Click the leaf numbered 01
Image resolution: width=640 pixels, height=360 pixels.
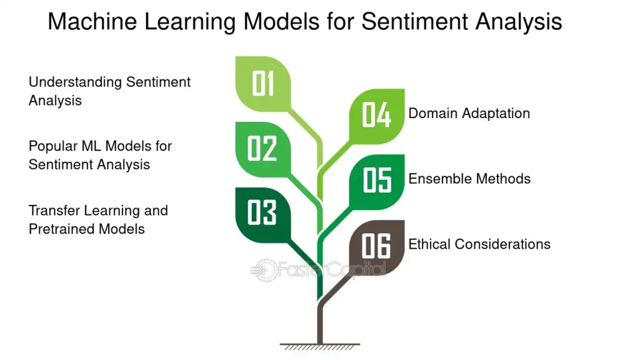263,84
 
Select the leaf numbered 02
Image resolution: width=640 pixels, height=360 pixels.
263,149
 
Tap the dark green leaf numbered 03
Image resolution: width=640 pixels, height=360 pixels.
263,215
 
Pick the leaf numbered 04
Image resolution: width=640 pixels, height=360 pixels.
377,116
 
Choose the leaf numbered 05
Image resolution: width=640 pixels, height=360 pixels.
377,182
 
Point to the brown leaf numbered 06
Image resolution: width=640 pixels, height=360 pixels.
377,247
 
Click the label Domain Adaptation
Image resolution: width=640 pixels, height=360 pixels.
469,114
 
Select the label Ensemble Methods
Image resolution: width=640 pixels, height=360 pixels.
469,179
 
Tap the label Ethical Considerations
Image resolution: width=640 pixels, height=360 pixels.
479,244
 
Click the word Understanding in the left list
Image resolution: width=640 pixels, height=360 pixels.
75,82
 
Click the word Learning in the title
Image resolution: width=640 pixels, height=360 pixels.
190,22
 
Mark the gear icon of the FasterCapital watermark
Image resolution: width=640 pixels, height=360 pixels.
263,270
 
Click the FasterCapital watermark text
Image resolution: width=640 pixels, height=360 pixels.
331,269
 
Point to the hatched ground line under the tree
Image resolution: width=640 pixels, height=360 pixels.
320,346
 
